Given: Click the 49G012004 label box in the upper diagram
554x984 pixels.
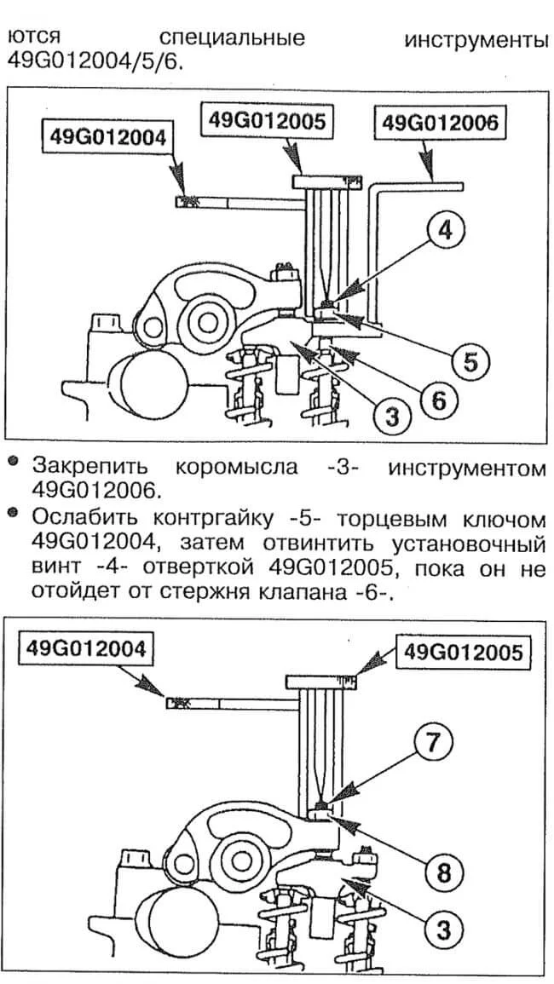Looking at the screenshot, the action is click(107, 137).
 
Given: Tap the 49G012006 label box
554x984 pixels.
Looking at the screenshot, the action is click(439, 123).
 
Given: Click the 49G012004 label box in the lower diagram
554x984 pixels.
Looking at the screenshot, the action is click(85, 647).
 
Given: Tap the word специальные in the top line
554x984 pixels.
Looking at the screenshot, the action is click(233, 39).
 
